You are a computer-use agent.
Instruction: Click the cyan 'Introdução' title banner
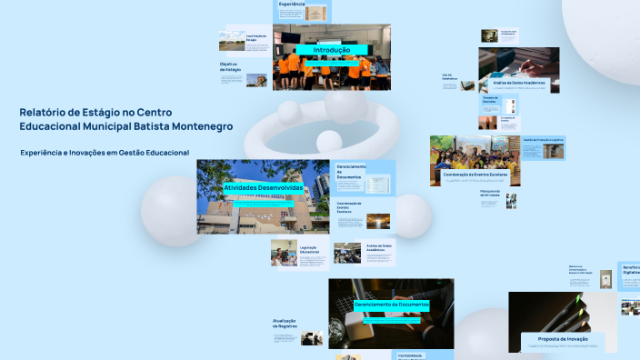(331, 50)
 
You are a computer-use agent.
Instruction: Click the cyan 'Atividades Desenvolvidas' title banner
(263, 187)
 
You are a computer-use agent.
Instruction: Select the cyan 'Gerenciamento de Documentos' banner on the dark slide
(391, 304)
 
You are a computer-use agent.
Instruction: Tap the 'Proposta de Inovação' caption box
(563, 339)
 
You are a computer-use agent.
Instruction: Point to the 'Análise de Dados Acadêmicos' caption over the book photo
(525, 83)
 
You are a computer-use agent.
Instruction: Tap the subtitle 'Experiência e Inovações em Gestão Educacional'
(105, 153)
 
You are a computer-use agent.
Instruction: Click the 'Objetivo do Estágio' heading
(229, 66)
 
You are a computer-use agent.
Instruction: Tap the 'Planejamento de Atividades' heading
(491, 194)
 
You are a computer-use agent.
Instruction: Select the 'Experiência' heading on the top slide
(292, 4)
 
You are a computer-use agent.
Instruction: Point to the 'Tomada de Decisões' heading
(490, 99)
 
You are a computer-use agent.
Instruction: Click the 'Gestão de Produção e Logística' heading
(544, 140)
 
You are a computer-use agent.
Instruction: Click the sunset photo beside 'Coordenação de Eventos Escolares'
(378, 220)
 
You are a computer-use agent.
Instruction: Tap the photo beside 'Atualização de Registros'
(313, 337)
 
